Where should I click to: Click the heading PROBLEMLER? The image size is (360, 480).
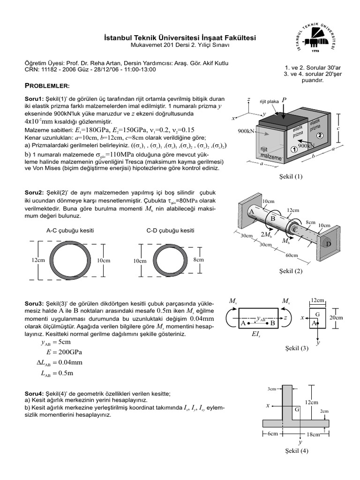(46, 86)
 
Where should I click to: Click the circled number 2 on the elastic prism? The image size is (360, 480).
(319, 135)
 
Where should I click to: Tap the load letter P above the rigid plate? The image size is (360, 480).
(284, 100)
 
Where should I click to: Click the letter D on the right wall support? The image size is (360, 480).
(328, 244)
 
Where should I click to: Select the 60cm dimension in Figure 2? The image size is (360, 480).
(292, 255)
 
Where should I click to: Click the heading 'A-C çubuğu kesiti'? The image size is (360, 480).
(64, 231)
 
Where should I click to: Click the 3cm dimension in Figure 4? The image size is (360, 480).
(271, 389)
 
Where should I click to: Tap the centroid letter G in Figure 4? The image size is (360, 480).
(297, 409)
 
